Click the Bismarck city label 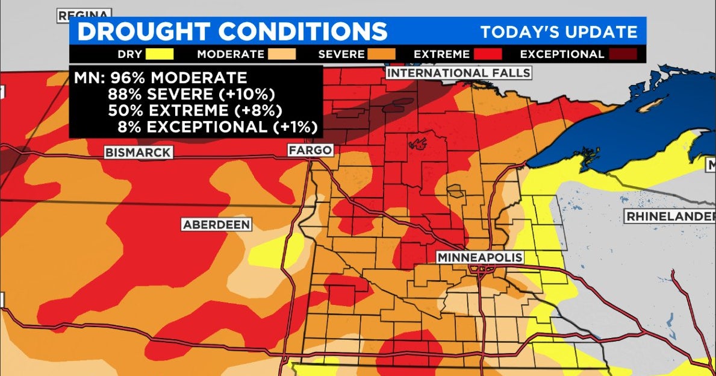pos(138,152)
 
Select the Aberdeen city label pos(216,224)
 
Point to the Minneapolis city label pos(479,257)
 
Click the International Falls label pos(459,73)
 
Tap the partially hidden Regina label pos(84,14)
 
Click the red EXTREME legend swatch pos(488,54)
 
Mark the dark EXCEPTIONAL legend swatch pos(623,54)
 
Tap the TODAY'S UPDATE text pos(558,32)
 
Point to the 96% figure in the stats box pos(123,78)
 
